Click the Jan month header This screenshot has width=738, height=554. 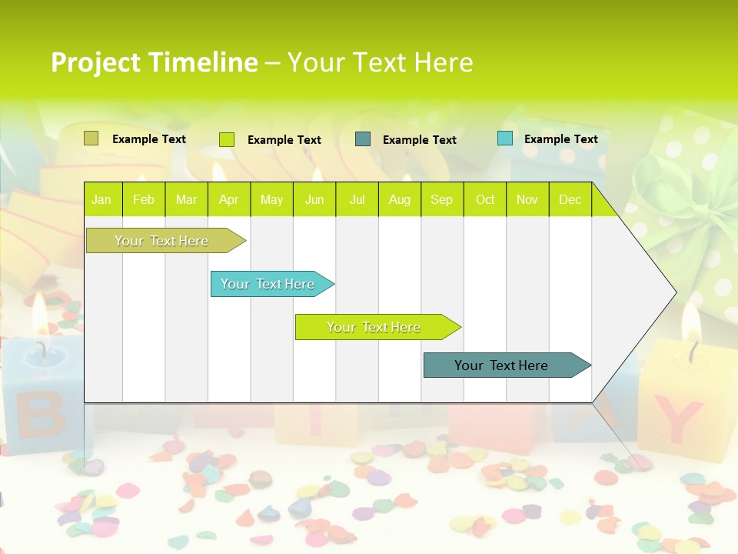pyautogui.click(x=101, y=199)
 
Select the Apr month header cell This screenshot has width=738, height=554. pyautogui.click(x=228, y=199)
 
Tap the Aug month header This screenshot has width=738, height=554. pyautogui.click(x=399, y=199)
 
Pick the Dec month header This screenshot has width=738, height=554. pyautogui.click(x=570, y=199)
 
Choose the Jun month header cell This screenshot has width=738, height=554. pyautogui.click(x=314, y=199)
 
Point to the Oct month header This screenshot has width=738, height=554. pyautogui.click(x=484, y=199)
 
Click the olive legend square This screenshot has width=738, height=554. pyautogui.click(x=91, y=138)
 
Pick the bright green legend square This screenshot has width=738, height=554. pyautogui.click(x=227, y=139)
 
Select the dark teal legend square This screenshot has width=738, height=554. pyautogui.click(x=363, y=139)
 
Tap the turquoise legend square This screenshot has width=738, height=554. pyautogui.click(x=504, y=138)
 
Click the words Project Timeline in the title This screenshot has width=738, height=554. pyautogui.click(x=154, y=62)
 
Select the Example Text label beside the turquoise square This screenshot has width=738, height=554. pyautogui.click(x=560, y=138)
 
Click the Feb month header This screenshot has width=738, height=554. pyautogui.click(x=144, y=199)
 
